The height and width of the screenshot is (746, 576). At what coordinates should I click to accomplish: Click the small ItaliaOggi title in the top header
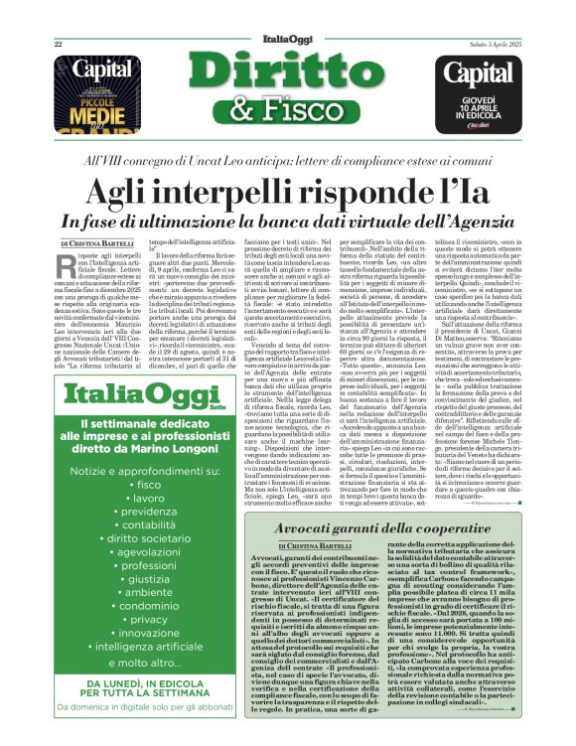click(288, 15)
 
